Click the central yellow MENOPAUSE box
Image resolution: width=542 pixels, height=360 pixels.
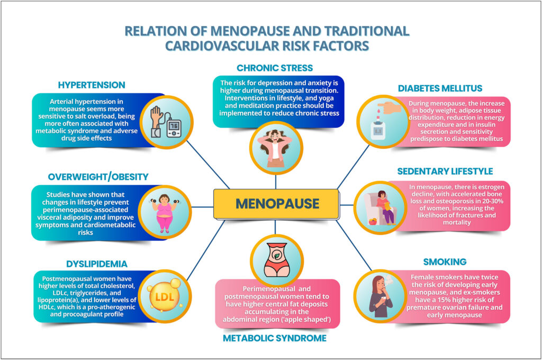pyautogui.click(x=276, y=204)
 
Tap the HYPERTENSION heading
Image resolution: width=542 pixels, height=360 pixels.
pyautogui.click(x=92, y=85)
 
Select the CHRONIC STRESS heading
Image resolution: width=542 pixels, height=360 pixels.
pyautogui.click(x=275, y=68)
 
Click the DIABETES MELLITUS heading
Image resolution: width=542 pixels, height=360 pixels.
pyautogui.click(x=440, y=88)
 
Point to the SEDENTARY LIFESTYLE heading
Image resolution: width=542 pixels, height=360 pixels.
pyautogui.click(x=445, y=172)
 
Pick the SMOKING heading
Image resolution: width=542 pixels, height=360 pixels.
pyautogui.click(x=445, y=262)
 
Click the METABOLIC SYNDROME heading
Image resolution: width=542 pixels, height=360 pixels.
pyautogui.click(x=275, y=338)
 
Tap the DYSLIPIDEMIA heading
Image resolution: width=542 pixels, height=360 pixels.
pyautogui.click(x=97, y=264)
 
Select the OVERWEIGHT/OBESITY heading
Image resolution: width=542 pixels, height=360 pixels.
pyautogui.click(x=98, y=177)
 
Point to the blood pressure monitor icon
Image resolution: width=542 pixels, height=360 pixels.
pyautogui.click(x=166, y=122)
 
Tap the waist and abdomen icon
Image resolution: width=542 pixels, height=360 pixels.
pyautogui.click(x=276, y=260)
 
